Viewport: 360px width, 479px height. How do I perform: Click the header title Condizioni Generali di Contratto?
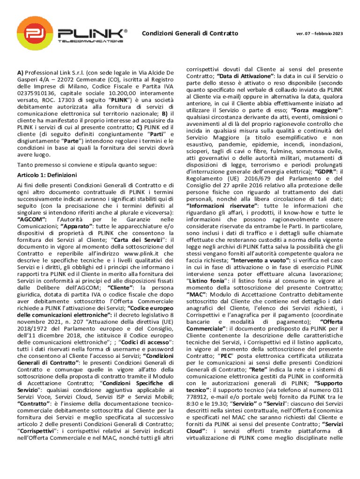pyautogui.click(x=190, y=33)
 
